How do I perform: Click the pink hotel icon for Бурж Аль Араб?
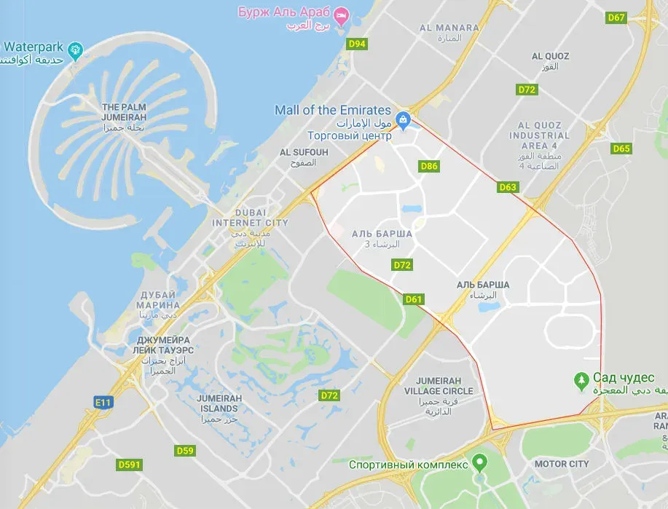click(340, 14)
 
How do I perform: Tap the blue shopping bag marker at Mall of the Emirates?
click(401, 119)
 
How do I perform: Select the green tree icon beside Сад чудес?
click(581, 379)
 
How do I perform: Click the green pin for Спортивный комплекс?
click(479, 462)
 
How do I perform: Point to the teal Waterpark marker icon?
click(74, 50)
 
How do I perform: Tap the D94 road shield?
click(357, 44)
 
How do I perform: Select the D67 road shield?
click(616, 17)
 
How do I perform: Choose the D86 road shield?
click(430, 166)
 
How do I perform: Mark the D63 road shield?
click(508, 187)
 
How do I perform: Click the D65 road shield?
click(621, 149)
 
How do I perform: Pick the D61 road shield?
click(414, 299)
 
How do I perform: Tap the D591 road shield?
click(130, 464)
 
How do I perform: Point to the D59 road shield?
click(185, 451)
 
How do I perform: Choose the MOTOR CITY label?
click(562, 464)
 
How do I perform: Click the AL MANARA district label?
click(449, 28)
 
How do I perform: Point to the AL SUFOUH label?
click(304, 152)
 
